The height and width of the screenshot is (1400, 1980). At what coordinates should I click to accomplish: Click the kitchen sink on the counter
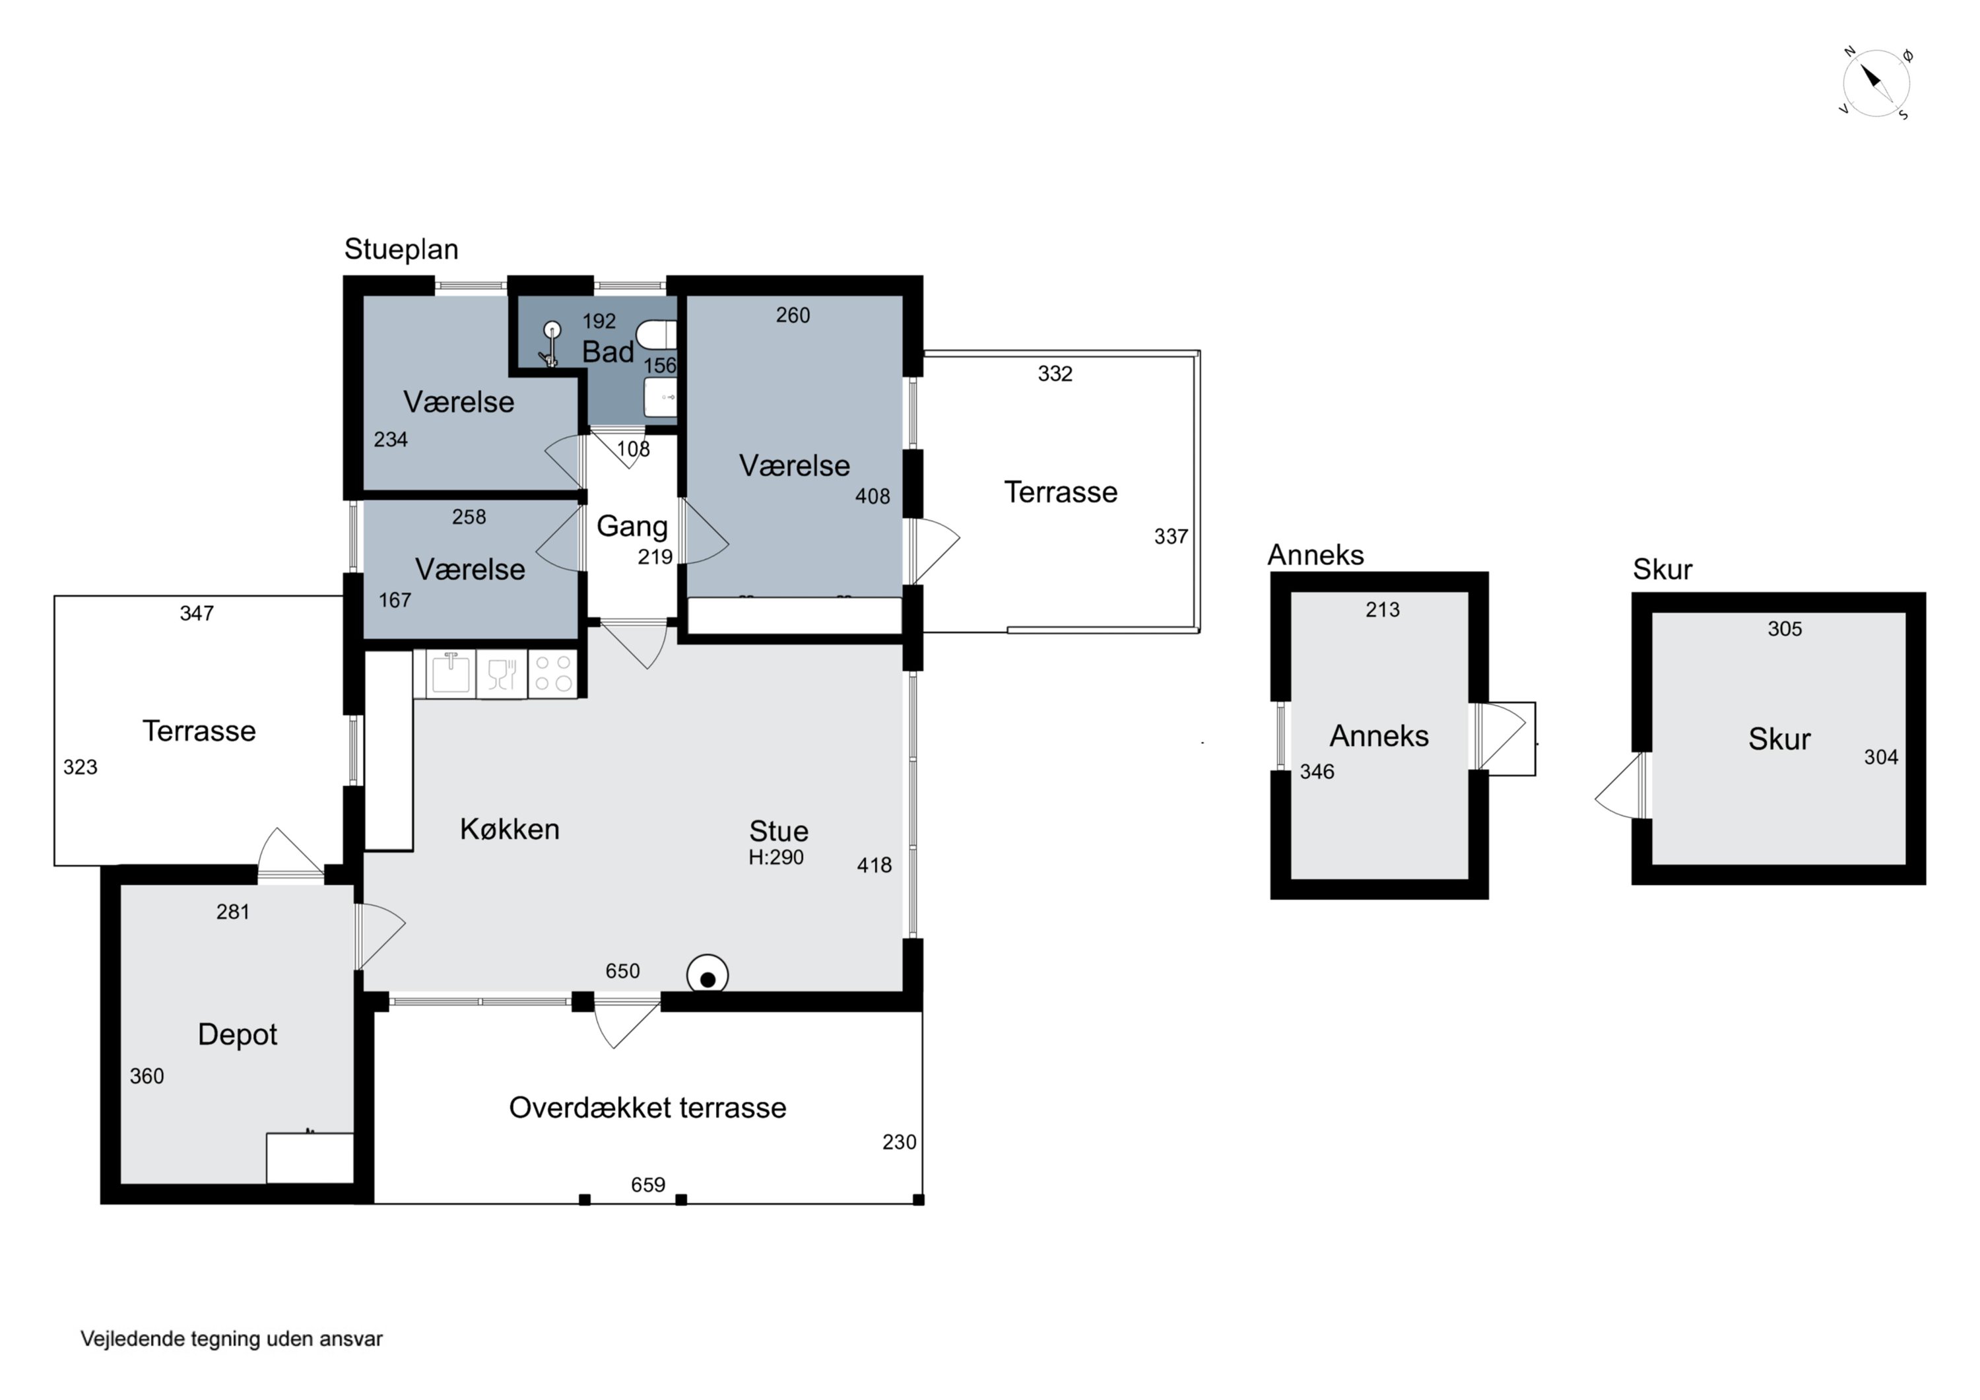(450, 674)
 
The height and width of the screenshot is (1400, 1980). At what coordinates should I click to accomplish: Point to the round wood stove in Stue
(707, 976)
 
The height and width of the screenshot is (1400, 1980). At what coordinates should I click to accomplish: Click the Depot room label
(237, 1034)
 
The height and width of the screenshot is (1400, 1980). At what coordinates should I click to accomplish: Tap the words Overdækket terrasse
(647, 1108)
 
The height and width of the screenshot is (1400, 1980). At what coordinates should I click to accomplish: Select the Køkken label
(510, 829)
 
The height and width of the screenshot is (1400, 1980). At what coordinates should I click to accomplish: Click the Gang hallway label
(632, 526)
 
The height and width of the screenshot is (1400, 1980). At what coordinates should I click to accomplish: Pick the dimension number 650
(622, 972)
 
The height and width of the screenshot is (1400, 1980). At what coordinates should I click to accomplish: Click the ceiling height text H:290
(776, 857)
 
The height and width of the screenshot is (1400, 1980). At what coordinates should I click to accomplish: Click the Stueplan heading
(401, 250)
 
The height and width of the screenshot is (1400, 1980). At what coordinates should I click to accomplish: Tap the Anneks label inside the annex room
(1379, 736)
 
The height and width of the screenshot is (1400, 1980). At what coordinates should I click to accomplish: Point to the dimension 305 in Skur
(1785, 629)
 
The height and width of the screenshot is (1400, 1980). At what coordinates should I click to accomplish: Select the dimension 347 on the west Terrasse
(197, 613)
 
